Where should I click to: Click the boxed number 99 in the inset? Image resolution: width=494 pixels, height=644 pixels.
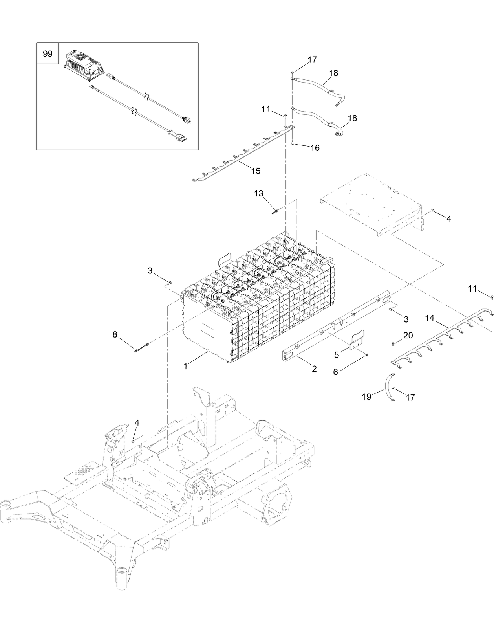pyautogui.click(x=47, y=53)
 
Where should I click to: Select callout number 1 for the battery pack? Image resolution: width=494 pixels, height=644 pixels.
pyautogui.click(x=186, y=366)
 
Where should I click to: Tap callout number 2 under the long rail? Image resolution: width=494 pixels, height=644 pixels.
pyautogui.click(x=314, y=369)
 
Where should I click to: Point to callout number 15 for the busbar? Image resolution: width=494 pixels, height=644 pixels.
pyautogui.click(x=256, y=171)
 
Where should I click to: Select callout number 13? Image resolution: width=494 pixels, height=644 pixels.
pyautogui.click(x=259, y=194)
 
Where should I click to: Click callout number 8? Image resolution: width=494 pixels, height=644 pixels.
pyautogui.click(x=115, y=334)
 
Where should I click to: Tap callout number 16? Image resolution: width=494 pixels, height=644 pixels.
pyautogui.click(x=315, y=148)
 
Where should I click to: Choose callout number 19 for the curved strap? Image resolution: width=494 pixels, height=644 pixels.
pyautogui.click(x=366, y=397)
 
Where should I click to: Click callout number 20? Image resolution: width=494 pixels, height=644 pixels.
pyautogui.click(x=408, y=335)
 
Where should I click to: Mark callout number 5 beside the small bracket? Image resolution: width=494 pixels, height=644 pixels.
pyautogui.click(x=337, y=355)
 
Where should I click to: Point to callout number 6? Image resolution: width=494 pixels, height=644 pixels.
pyautogui.click(x=335, y=371)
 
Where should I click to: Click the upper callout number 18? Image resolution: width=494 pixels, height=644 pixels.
pyautogui.click(x=333, y=73)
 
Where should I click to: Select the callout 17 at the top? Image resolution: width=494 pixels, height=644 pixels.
pyautogui.click(x=312, y=60)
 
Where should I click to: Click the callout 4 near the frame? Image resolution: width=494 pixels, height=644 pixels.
pyautogui.click(x=137, y=423)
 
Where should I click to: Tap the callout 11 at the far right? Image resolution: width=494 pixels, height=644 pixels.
pyautogui.click(x=472, y=289)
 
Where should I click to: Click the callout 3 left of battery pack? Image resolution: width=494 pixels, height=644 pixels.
pyautogui.click(x=150, y=270)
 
